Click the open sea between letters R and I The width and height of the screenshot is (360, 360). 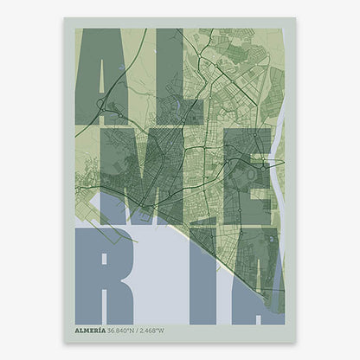pos(160,277)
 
